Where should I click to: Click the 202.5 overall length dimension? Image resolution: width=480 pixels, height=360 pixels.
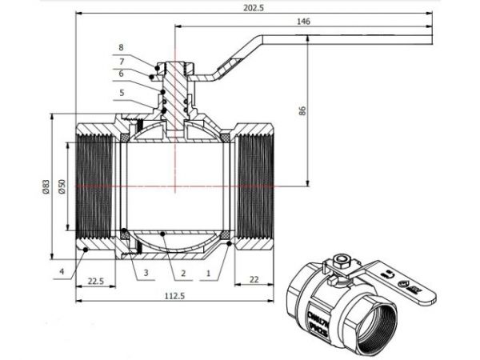click(255, 8)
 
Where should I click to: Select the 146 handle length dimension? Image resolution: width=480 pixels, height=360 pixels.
click(302, 22)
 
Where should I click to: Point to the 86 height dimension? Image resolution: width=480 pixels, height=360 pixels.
click(302, 111)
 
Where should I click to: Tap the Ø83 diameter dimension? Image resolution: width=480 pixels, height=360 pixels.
click(46, 186)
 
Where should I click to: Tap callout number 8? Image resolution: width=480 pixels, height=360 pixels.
click(122, 47)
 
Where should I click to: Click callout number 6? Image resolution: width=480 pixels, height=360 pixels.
click(122, 74)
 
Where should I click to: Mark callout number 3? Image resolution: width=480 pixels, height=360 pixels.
click(146, 273)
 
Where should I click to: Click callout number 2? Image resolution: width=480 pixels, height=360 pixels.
click(183, 273)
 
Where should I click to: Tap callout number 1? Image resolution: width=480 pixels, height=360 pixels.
click(209, 273)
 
